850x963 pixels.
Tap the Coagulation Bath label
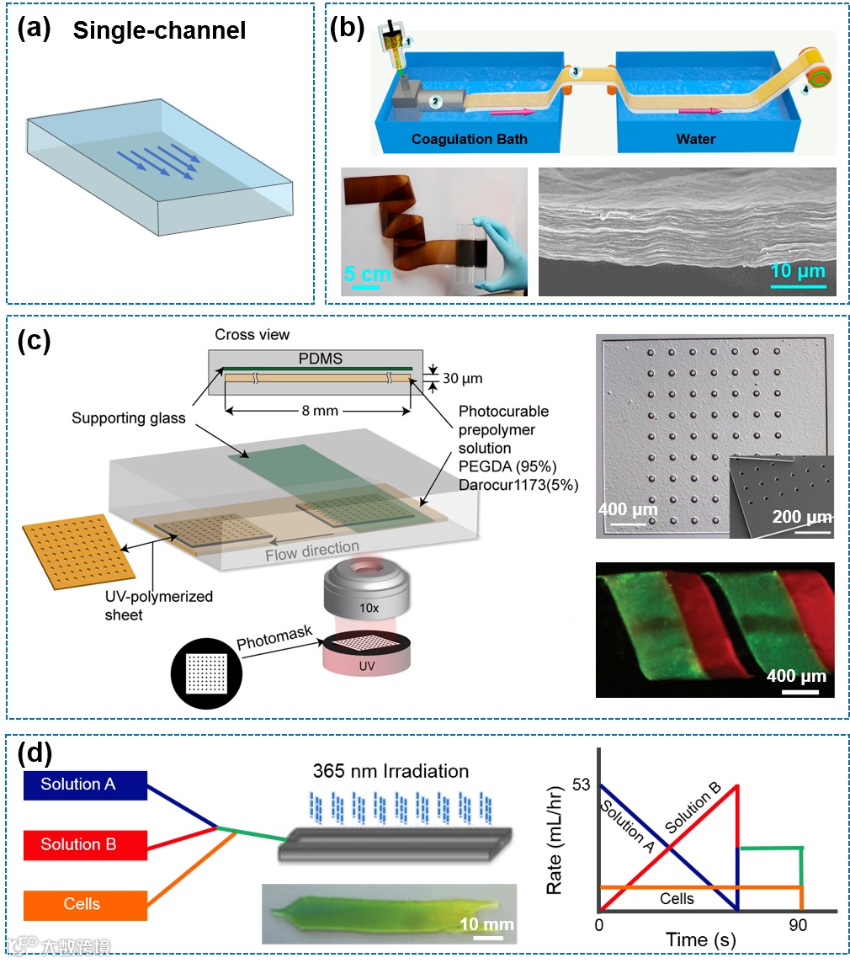469,139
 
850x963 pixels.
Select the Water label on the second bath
696,139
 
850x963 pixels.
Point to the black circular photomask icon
205,673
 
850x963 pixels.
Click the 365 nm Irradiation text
390,770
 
